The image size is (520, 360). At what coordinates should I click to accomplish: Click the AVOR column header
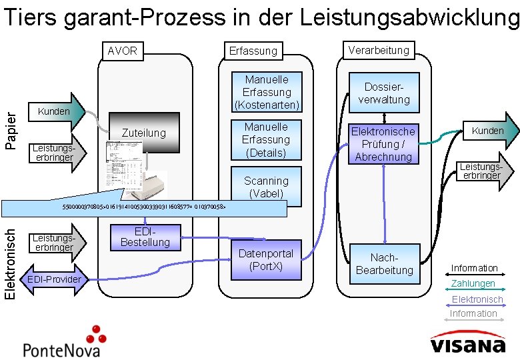pyautogui.click(x=123, y=50)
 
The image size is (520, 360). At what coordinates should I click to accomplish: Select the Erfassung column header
pyautogui.click(x=253, y=51)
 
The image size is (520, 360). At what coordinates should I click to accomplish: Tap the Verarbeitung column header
pyautogui.click(x=379, y=49)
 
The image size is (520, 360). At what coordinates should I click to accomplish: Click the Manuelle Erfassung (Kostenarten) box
pyautogui.click(x=267, y=92)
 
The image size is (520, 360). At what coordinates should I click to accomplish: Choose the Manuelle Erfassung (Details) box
pyautogui.click(x=266, y=140)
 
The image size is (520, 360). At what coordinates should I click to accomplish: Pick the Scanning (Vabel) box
pyautogui.click(x=266, y=187)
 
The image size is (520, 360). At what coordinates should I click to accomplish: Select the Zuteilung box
pyautogui.click(x=143, y=133)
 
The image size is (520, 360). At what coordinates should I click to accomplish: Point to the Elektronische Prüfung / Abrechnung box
pyautogui.click(x=383, y=144)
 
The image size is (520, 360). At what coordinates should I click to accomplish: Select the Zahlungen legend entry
pyautogui.click(x=473, y=284)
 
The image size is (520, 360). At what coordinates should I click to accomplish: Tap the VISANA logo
pyautogui.click(x=467, y=345)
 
